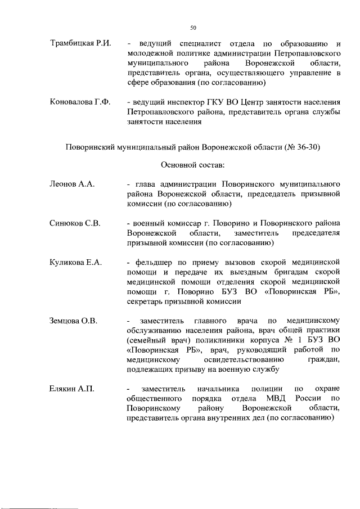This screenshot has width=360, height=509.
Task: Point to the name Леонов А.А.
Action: [71, 184]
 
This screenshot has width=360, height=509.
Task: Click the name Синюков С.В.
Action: [75, 224]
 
